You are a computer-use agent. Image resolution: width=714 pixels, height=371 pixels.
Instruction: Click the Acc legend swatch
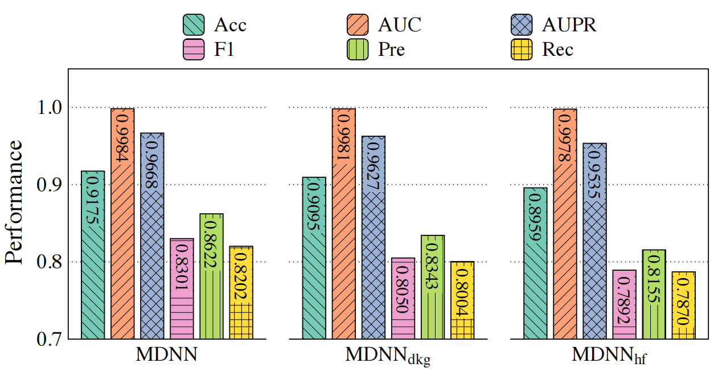click(194, 25)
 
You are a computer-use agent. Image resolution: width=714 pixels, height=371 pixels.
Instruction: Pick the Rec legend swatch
click(522, 50)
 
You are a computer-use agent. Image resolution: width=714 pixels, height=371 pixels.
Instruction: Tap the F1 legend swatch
click(194, 50)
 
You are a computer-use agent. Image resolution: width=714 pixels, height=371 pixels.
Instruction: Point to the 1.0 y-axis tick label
click(49, 108)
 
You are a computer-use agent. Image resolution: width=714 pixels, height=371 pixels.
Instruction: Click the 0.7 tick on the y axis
click(49, 339)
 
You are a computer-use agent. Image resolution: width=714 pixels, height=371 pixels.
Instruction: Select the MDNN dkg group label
click(389, 356)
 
